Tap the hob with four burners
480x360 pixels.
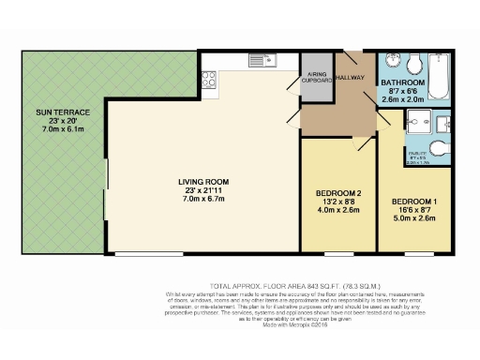209,82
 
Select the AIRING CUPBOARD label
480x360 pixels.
318,78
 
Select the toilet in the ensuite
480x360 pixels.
443,148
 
